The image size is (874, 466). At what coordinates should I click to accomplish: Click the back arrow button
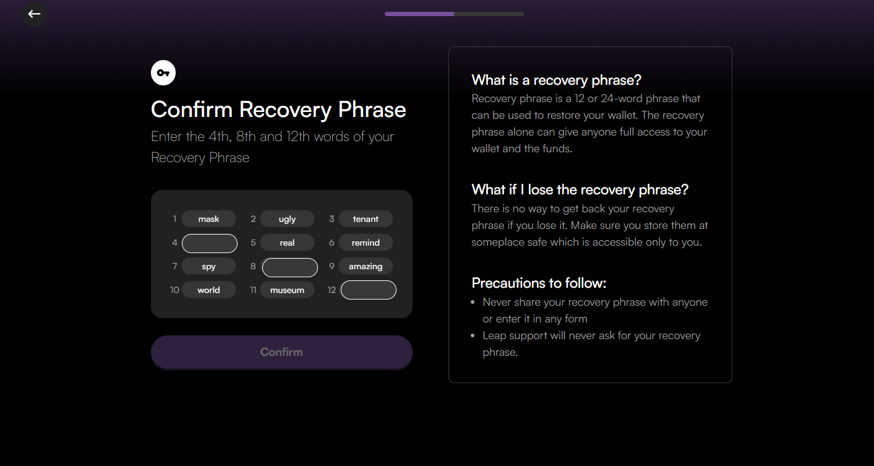click(35, 14)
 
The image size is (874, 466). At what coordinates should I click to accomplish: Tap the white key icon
click(163, 72)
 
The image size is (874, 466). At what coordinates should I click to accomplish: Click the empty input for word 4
click(210, 243)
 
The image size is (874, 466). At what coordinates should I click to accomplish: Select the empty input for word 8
click(290, 267)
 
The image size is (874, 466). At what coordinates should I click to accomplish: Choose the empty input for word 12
click(368, 290)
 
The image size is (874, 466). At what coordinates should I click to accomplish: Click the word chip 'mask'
click(208, 219)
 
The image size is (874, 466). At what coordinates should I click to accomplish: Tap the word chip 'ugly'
click(287, 219)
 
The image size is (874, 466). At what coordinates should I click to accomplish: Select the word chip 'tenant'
click(366, 219)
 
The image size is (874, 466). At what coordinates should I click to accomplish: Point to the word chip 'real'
click(287, 243)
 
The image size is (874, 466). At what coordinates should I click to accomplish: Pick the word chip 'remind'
click(366, 243)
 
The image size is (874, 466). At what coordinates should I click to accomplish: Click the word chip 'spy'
click(208, 267)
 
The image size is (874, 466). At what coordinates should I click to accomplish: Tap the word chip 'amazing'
click(366, 267)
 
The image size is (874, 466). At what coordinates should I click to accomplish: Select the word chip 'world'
click(208, 290)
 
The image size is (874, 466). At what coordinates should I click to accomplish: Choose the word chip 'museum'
click(287, 290)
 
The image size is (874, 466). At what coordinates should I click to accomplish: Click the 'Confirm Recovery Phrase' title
click(278, 110)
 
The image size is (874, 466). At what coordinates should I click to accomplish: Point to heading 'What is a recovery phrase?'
click(557, 80)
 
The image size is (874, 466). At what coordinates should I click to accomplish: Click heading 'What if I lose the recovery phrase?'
click(580, 189)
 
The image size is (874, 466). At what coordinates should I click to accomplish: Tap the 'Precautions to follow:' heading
click(539, 283)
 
